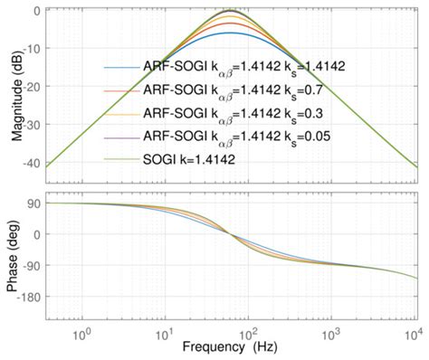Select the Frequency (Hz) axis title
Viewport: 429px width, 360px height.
(x=229, y=346)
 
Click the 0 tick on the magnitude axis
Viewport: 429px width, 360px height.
(x=34, y=10)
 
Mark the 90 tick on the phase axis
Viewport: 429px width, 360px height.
(x=32, y=204)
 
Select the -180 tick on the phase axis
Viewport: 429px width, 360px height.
(x=27, y=296)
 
